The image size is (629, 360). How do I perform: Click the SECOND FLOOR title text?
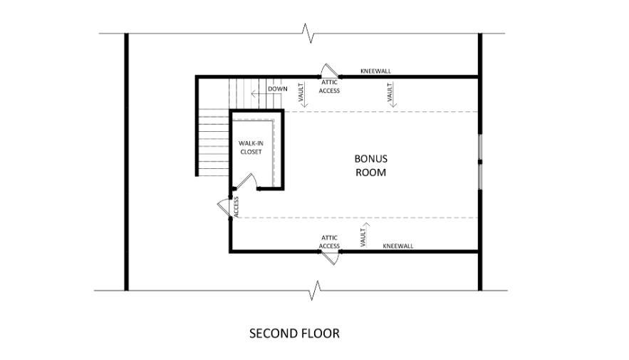pos(294,333)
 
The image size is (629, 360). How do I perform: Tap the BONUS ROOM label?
pos(371,165)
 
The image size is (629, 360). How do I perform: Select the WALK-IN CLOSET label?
pos(251,148)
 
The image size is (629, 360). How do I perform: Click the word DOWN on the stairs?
pos(278,88)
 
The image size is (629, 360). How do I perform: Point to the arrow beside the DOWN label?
pos(259,94)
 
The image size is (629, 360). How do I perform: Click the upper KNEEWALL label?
pos(376,71)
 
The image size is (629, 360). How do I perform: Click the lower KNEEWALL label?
pos(398,246)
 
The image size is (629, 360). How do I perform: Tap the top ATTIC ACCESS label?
pos(329,86)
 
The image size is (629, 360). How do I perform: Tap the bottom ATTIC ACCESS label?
pos(329,242)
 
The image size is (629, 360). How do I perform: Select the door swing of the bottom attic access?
pos(331,259)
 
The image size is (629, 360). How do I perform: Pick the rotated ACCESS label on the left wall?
pos(236,207)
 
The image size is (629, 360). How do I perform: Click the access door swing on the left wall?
pos(224,207)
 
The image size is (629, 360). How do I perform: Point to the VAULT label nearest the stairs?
pos(301,95)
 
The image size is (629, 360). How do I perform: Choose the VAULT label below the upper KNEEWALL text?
pos(390,95)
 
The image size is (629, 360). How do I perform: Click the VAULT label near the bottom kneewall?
pos(364,235)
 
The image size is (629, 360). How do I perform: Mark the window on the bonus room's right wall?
pos(480,162)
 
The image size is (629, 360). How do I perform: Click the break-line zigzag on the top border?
pos(308,34)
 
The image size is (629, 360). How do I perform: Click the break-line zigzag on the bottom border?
pos(316,290)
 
